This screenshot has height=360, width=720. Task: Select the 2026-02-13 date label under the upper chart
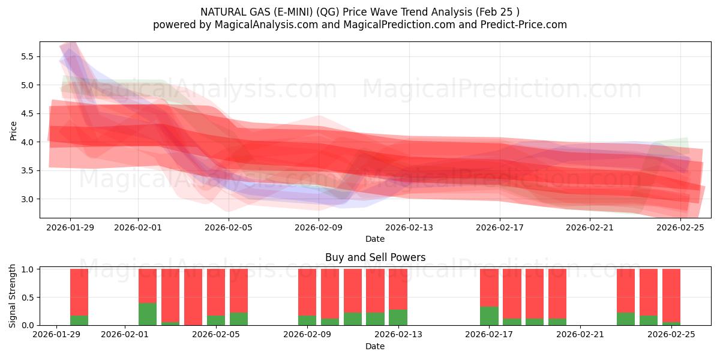click(x=409, y=227)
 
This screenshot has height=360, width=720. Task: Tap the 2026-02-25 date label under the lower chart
click(x=672, y=335)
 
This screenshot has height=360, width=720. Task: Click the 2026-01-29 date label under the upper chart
click(x=70, y=227)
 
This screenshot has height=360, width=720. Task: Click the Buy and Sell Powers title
click(x=375, y=257)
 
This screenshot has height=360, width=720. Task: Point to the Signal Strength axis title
click(x=13, y=296)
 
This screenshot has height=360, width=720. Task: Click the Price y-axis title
click(x=13, y=130)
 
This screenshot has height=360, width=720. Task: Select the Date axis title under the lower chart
click(x=375, y=346)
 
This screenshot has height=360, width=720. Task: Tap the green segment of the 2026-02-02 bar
click(x=148, y=314)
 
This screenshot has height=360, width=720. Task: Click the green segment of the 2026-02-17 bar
click(x=489, y=316)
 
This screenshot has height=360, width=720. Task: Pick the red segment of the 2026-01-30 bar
click(x=79, y=291)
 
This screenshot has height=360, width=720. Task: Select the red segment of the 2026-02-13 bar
click(x=398, y=289)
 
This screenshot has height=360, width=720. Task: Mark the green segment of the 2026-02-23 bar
click(x=626, y=319)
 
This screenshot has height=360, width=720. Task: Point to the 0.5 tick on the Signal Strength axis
click(x=28, y=297)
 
